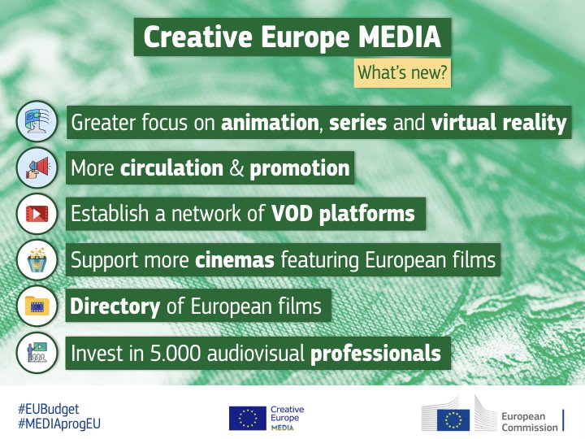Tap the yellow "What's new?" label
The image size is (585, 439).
coord(402,73)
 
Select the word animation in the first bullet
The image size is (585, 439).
coord(270,124)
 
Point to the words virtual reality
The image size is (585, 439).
coord(499,124)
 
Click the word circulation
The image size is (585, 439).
coord(171,168)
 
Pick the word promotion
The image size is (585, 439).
coord(300,168)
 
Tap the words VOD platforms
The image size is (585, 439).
coord(343,214)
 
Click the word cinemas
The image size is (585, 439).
coord(236,260)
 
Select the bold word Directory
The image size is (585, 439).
coord(115,306)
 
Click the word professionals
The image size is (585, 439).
coord(375,354)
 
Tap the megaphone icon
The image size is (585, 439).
coord(37,168)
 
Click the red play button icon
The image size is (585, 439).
coord(37,214)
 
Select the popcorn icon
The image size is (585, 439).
coord(37,260)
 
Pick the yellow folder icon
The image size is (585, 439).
coord(37,306)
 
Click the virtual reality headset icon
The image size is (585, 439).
coord(37,123)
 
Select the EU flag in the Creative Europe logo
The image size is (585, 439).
coord(247,418)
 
